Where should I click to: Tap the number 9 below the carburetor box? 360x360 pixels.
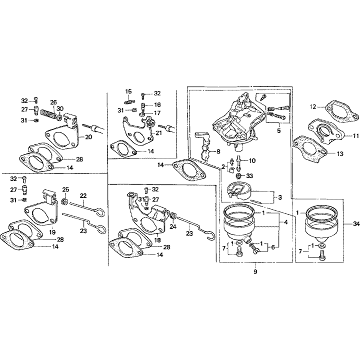point(255,272)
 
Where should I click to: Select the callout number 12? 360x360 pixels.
point(313,107)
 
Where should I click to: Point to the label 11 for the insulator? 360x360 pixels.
point(356,136)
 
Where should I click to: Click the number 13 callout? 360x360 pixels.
point(340,154)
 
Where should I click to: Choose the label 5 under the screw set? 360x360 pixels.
point(279,131)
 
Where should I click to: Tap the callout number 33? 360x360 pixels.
point(249,176)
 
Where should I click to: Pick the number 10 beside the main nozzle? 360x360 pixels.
point(252,161)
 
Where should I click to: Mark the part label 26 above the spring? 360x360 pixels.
point(53,102)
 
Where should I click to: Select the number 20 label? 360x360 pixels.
point(89,137)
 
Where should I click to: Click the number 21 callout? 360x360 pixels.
point(158,133)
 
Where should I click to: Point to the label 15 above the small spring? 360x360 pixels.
point(129,92)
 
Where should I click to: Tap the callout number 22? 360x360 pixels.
point(83,195)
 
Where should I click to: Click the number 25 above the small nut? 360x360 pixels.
point(66,189)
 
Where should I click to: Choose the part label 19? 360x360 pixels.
point(52,232)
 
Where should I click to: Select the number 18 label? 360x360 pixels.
point(158,240)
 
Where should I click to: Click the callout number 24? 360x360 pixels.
point(173,227)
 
